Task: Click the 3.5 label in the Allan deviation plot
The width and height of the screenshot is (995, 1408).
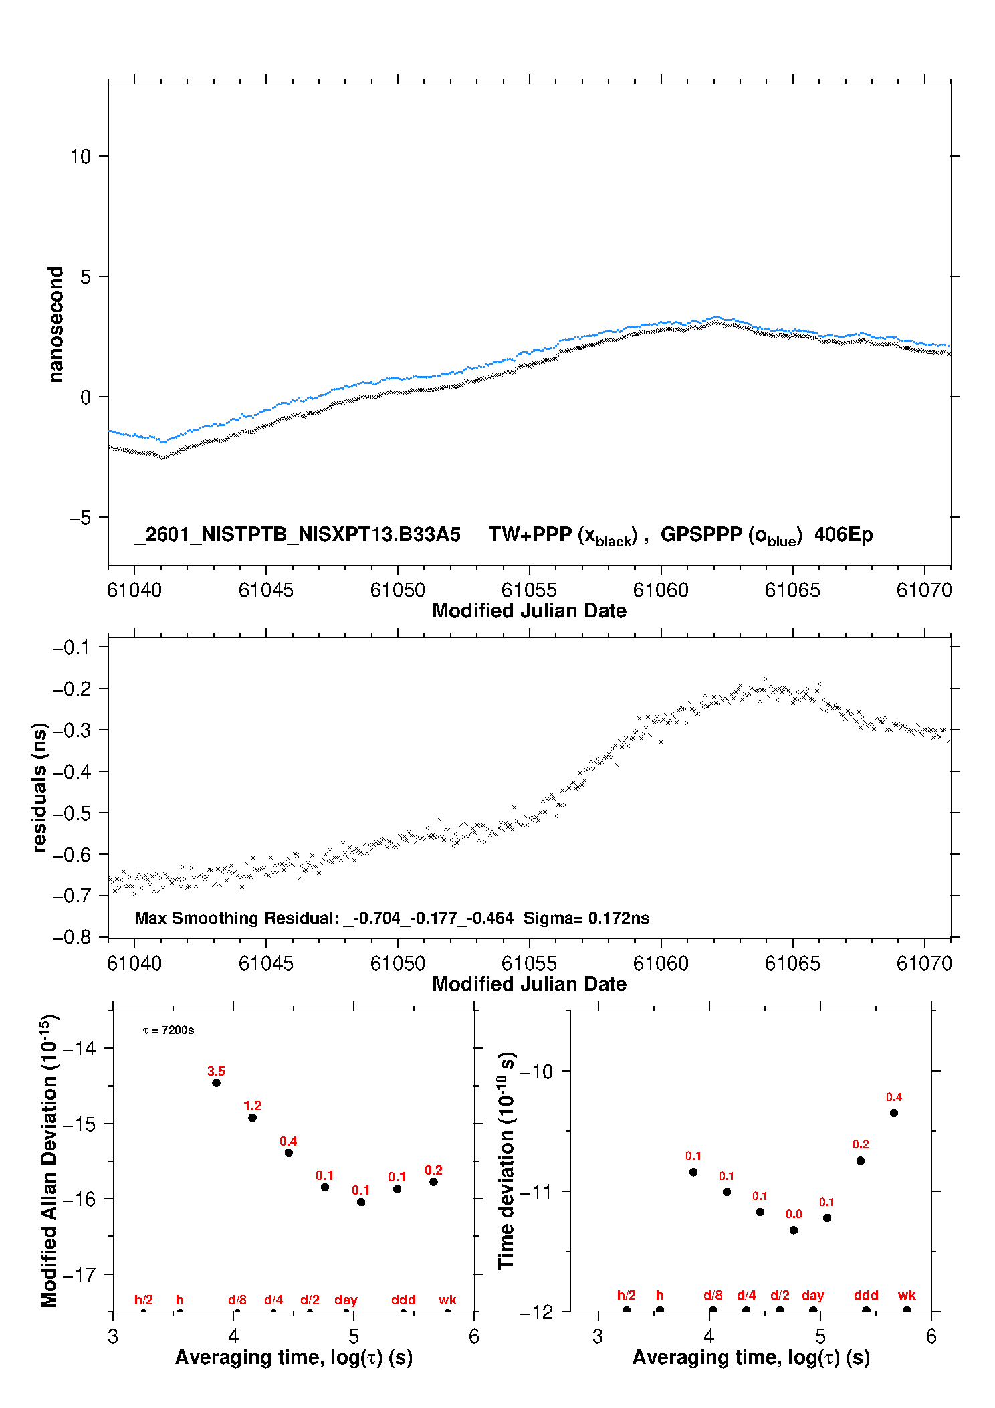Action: coord(216,1071)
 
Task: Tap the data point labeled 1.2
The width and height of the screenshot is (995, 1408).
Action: coord(252,1118)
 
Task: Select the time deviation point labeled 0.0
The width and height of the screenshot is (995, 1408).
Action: coord(794,1230)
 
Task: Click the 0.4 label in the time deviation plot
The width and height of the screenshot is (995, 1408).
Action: coord(894,1097)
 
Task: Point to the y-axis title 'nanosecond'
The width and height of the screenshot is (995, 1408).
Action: coord(56,324)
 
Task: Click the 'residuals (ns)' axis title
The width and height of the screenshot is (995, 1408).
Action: coord(40,787)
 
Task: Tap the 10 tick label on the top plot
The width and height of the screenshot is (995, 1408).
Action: coord(80,157)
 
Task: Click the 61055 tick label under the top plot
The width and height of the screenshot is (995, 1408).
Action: coord(529,590)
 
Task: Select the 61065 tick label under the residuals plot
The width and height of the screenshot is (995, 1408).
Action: coord(792,963)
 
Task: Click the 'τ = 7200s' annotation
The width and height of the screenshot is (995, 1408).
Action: coord(169,1030)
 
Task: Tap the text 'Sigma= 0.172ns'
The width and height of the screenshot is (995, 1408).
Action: coord(586,918)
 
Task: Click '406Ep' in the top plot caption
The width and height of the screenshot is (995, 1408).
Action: coord(843,535)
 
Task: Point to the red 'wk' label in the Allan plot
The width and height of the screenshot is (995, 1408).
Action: coord(447,1300)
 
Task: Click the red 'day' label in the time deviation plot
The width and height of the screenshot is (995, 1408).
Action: coord(812,1295)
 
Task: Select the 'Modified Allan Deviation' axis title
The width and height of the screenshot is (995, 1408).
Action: coord(49,1161)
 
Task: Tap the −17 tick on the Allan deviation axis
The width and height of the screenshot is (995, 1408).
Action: coord(79,1274)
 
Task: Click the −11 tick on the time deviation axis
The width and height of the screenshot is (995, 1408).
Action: coord(536,1191)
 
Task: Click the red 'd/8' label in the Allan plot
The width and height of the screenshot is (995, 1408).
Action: coord(237,1300)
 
